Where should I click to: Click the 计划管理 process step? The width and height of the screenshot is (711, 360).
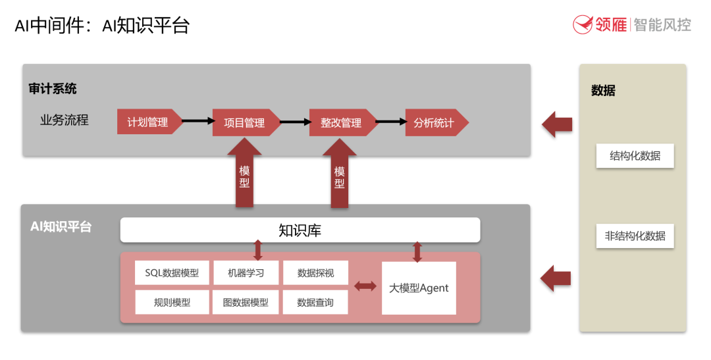click(148, 122)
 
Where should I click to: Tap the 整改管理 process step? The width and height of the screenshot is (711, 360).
click(341, 122)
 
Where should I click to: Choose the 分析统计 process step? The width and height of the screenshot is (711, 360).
click(434, 122)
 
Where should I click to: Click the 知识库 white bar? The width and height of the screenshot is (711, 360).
click(300, 230)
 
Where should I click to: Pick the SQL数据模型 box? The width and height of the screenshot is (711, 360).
click(172, 273)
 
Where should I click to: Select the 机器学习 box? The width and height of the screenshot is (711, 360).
click(246, 273)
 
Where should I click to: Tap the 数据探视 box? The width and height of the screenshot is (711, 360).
click(315, 273)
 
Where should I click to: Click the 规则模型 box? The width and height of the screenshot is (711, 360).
click(172, 302)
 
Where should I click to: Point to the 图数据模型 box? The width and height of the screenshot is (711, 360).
click(246, 302)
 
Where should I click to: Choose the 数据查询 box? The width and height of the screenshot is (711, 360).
click(315, 302)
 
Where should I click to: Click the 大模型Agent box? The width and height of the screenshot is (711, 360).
click(419, 288)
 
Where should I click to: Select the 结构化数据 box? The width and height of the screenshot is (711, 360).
click(635, 156)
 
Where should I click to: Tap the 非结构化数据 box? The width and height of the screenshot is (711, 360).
click(635, 236)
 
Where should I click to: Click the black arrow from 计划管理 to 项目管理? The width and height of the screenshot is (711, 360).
click(197, 121)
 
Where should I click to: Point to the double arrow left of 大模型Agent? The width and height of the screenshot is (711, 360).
click(365, 286)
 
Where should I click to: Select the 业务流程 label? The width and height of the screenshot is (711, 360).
click(65, 120)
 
